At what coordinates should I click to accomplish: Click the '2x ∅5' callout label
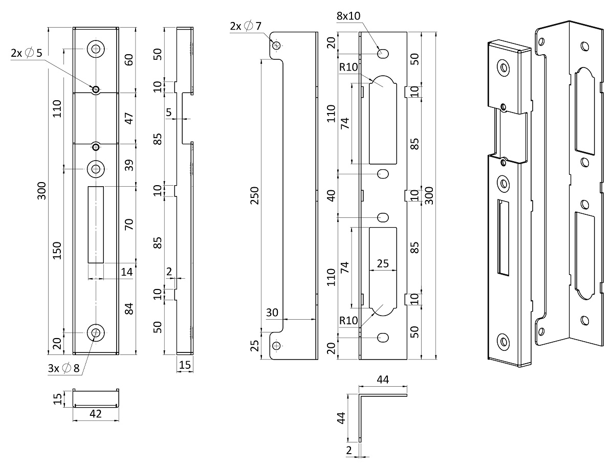coord(27,53)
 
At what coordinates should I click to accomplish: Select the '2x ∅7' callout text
coord(246,26)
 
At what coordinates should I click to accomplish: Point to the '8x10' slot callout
coord(348,16)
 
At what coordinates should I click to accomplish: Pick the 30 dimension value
coord(273,312)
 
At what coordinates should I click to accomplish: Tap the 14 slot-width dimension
coord(127,272)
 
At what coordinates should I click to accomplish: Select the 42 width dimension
coord(96,414)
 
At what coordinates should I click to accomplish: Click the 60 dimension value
coord(129,60)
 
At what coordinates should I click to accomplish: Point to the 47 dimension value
coord(129,118)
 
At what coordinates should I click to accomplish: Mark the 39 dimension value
coord(129,165)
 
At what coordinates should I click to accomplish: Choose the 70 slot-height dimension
coord(129,224)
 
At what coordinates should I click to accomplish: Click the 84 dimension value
coord(129,308)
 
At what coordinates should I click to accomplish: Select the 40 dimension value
coord(332,195)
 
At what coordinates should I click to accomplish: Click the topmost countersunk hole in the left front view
coord(96,49)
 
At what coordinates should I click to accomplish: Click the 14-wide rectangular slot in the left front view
coord(96,225)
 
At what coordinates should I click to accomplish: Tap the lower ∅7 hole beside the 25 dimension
coord(277,346)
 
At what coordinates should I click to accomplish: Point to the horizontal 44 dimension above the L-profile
coord(383,380)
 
